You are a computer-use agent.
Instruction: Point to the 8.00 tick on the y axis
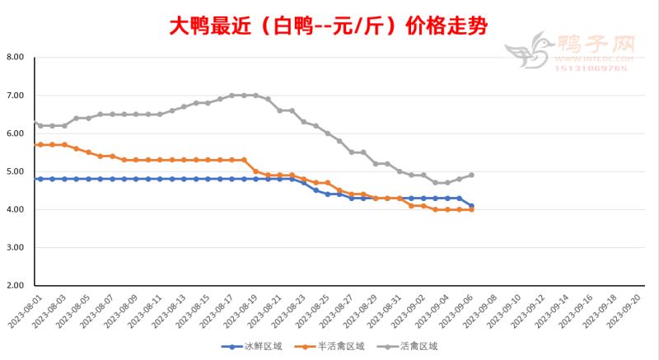tap(14, 58)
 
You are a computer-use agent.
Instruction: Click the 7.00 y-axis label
tap(14, 96)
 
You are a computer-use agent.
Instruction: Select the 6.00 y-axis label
tap(14, 133)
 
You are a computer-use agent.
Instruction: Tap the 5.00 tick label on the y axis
tap(14, 171)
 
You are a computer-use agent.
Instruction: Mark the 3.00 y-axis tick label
tap(14, 248)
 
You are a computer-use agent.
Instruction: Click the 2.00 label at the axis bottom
tap(14, 286)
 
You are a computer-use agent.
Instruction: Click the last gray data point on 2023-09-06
tap(471, 175)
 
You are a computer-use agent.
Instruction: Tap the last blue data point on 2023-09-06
tap(471, 205)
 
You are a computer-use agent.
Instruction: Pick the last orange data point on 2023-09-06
tap(471, 210)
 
